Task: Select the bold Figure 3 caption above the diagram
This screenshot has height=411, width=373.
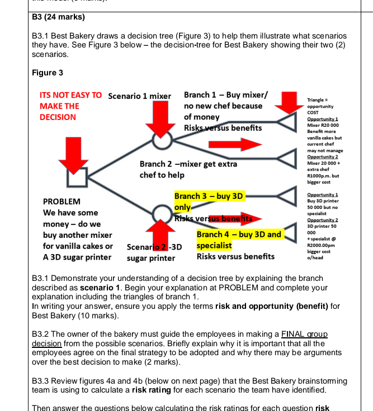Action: coord(48,73)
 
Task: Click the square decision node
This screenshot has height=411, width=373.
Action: coord(76,177)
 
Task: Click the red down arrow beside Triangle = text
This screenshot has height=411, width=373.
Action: coord(290,102)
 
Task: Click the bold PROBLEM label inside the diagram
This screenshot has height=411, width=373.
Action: coord(62,201)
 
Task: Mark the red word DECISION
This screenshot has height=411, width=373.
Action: coord(58,117)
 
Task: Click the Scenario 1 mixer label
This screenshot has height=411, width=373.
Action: coord(139,96)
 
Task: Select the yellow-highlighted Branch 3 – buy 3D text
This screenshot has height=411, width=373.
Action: coord(209,196)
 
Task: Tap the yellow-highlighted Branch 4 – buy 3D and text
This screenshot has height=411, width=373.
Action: coord(239,235)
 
